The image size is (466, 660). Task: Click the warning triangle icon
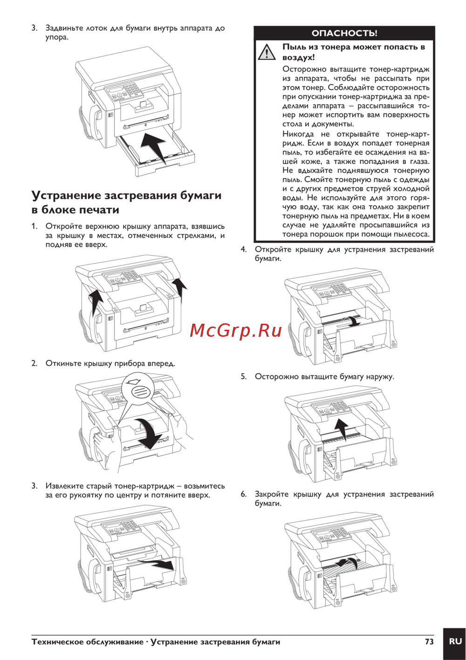point(267,52)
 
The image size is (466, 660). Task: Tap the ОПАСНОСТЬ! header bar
point(344,33)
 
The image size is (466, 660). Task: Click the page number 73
point(429,641)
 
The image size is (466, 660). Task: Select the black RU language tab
point(455,642)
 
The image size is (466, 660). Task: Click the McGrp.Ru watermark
point(236,330)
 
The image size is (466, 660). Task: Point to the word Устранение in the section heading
point(66,195)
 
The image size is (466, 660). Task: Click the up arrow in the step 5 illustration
point(342,428)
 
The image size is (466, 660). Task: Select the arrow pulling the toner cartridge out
point(158,564)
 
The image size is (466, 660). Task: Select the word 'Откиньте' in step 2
point(63,363)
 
